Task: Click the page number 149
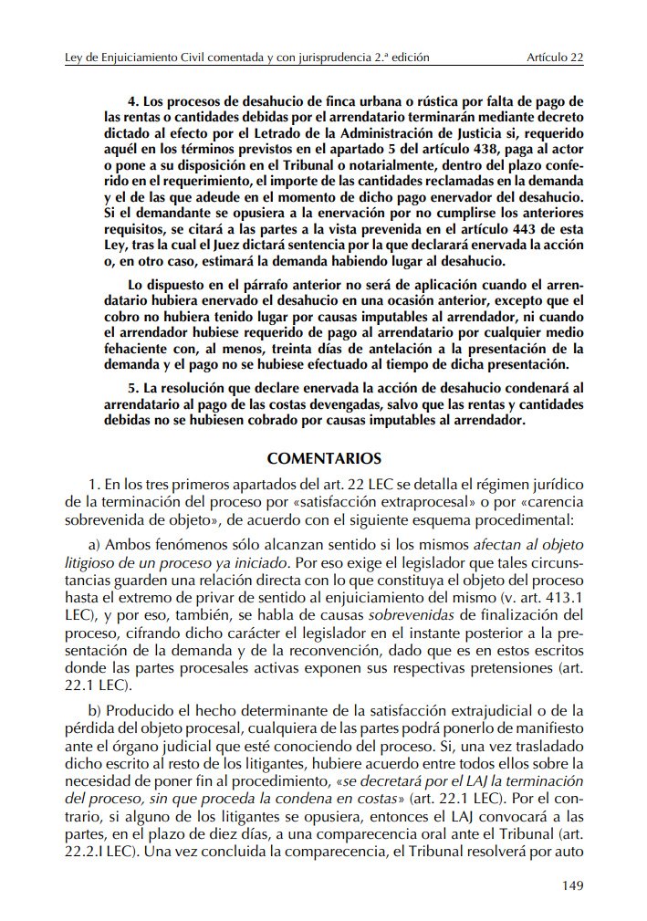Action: pyautogui.click(x=571, y=884)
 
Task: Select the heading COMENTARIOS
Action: pyautogui.click(x=324, y=457)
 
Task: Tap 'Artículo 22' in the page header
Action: pyautogui.click(x=555, y=58)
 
